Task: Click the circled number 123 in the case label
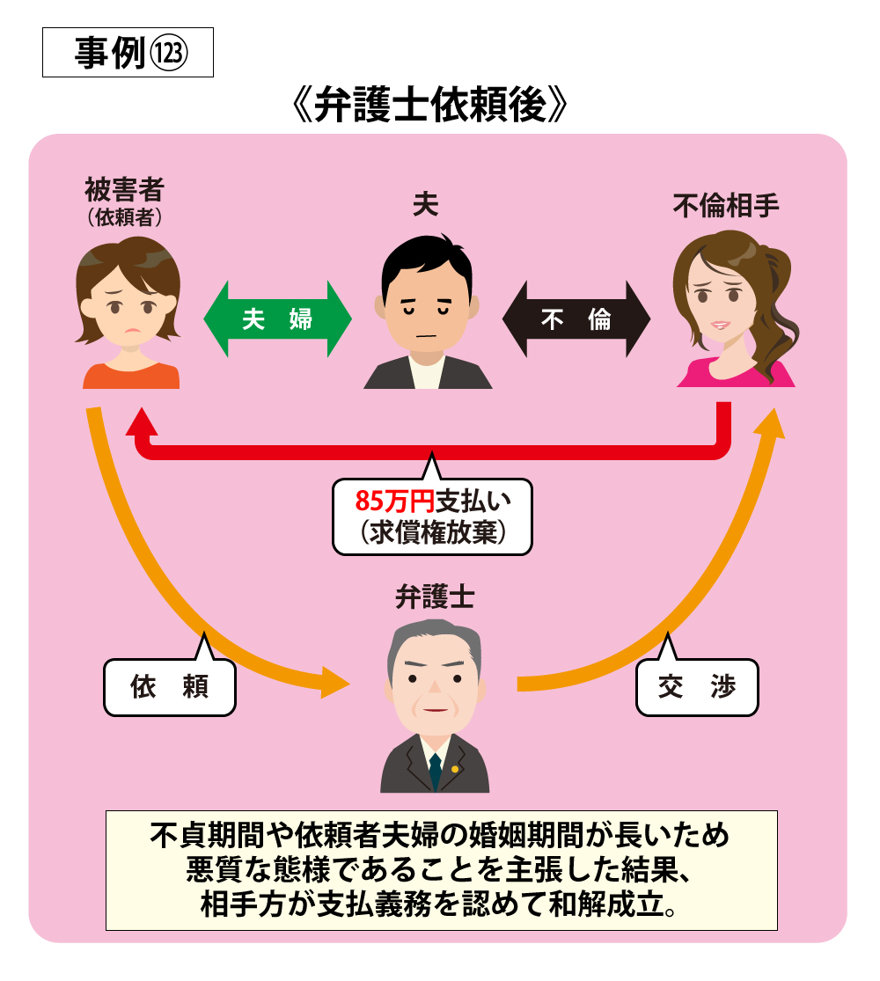169,53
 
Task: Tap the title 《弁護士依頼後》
430,105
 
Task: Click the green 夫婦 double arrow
277,319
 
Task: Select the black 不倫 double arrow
576,319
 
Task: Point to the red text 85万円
394,501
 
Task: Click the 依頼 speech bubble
170,682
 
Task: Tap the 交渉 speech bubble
697,682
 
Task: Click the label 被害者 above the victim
125,188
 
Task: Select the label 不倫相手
726,205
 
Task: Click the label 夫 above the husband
426,204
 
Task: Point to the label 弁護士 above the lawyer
435,597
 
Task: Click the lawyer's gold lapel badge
455,769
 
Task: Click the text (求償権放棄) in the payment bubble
432,532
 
